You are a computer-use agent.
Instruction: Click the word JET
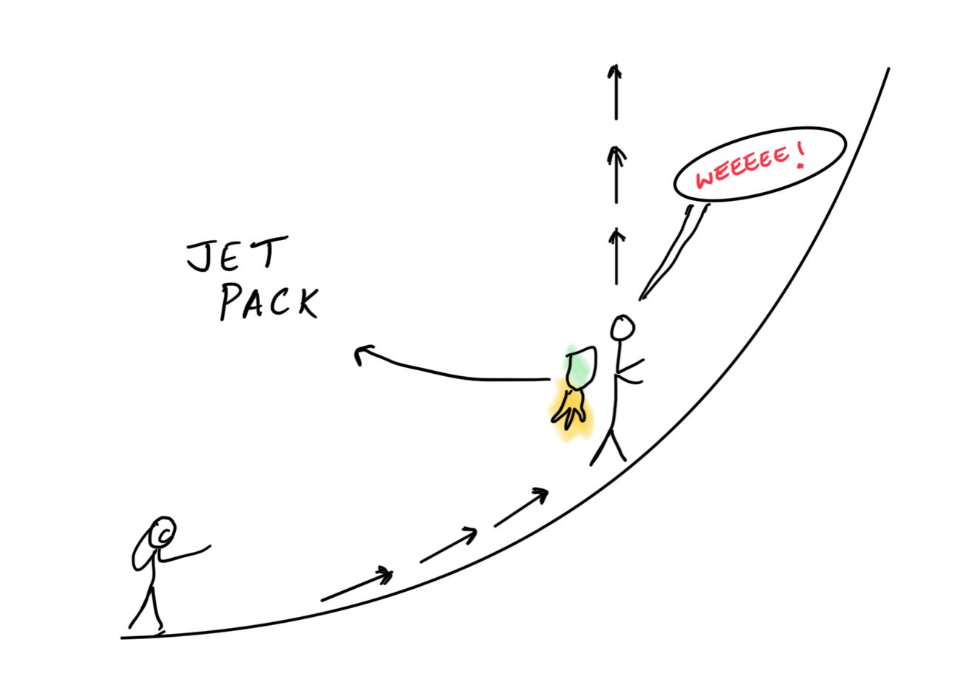(x=234, y=256)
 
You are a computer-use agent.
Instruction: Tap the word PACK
(x=269, y=302)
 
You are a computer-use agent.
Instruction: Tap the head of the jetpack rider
(x=622, y=327)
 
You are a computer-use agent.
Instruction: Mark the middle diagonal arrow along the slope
(x=448, y=545)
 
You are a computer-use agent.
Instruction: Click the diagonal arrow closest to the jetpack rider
(x=521, y=506)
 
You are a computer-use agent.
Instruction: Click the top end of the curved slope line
(x=887, y=70)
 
